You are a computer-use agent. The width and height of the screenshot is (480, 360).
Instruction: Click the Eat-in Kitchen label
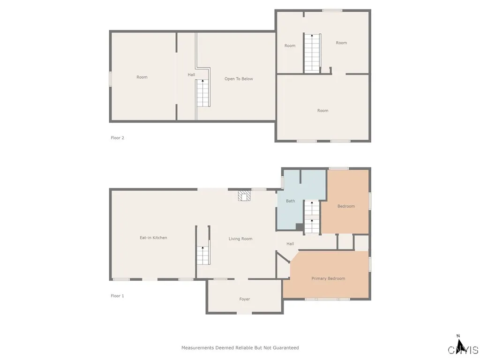click(x=153, y=238)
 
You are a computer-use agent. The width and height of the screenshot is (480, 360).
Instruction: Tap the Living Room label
click(x=240, y=239)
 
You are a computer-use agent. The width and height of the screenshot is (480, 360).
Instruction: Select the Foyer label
click(x=245, y=299)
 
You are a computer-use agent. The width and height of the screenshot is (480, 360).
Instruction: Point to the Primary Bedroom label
click(x=328, y=278)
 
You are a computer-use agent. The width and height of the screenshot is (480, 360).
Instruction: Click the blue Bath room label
click(x=291, y=201)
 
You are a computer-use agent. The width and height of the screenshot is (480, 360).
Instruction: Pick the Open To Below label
click(x=239, y=79)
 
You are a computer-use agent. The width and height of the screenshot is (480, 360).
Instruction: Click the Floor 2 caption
click(x=117, y=138)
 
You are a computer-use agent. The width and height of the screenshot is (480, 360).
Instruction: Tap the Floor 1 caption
click(x=117, y=296)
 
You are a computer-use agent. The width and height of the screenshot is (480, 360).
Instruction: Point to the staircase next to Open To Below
click(x=202, y=93)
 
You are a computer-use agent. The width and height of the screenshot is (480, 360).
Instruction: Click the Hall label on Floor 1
click(x=290, y=244)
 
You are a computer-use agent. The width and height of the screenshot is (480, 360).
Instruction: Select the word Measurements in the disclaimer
click(x=198, y=348)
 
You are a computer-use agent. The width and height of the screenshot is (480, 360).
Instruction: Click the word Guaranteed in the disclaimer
click(x=285, y=348)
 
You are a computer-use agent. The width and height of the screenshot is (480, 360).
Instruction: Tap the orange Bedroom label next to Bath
click(x=346, y=206)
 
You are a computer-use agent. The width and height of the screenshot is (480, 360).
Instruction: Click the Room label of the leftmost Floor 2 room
click(x=142, y=77)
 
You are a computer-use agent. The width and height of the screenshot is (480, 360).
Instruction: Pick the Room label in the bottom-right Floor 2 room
click(x=323, y=111)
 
